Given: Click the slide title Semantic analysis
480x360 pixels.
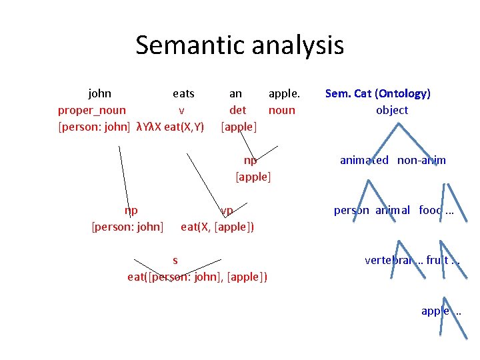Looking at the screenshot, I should pos(239,45).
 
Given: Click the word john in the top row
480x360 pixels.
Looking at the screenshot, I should pos(100,93).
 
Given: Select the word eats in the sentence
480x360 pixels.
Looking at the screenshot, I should pos(183,93).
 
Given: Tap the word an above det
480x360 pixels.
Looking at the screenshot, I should pos(235,93).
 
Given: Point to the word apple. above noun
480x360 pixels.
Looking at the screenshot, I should pos(284,93).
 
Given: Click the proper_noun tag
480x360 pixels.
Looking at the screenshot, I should pos(92,110).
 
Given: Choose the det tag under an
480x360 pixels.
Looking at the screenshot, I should pos(237,110).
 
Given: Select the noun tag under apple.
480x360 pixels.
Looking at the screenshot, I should pos(281,110).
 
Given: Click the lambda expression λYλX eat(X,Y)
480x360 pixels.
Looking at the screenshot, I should pos(170,126).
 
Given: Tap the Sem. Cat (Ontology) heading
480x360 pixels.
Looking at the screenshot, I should pos(377,93).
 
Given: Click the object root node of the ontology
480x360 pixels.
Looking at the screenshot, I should pos(392,110).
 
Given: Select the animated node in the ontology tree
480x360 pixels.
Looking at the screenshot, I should pos(364,160).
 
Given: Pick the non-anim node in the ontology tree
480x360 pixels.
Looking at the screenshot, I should pos(422,160).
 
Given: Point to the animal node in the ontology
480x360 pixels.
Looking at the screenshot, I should pos(393,210).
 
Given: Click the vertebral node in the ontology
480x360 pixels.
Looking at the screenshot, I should pos(388,260).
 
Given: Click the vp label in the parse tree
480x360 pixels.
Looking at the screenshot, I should pos(227,211).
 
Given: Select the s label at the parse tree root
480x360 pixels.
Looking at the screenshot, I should pos(175,260).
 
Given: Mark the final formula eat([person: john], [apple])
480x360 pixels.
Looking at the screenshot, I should pos(197,277).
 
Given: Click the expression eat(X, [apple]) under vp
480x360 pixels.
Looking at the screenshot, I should pos(217,227).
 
